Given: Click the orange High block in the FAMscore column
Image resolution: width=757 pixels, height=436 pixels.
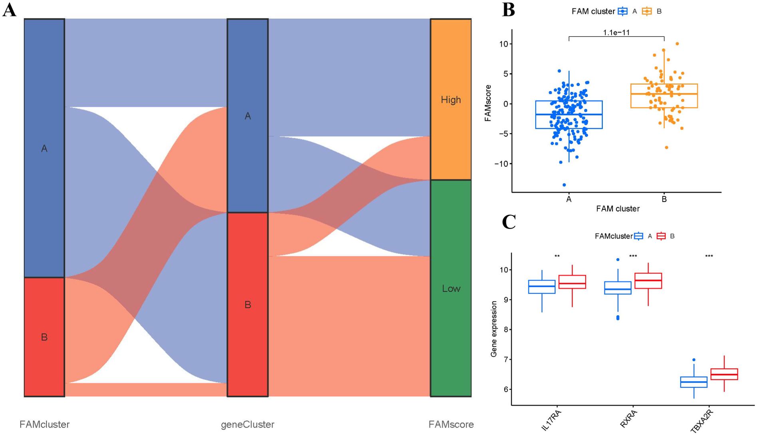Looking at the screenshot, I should coord(451,99).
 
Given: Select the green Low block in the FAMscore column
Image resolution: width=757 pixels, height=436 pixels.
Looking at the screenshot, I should coord(451,288).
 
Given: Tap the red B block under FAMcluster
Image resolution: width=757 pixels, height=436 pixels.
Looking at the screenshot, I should coord(44,337).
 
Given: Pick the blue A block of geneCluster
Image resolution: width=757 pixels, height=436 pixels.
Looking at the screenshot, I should coord(248,116).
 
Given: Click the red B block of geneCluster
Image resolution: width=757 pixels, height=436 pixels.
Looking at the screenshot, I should coord(248,305).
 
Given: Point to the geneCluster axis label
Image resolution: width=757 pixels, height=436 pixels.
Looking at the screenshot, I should coord(248,424).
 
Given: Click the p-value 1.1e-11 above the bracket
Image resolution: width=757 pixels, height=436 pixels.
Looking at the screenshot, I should coord(616,32).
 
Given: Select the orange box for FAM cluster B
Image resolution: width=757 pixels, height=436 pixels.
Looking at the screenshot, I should coord(664,96).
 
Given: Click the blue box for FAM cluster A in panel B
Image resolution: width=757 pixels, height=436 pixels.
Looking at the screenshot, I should coord(569,115).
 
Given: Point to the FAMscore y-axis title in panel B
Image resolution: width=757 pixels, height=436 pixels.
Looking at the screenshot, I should coord(488,103).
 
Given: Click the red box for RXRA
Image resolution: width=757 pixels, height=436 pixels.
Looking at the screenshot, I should coord(648,281).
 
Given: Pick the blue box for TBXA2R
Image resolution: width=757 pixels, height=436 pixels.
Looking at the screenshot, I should coord(694,382).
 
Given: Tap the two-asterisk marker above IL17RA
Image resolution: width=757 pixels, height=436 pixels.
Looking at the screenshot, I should coord(557,256).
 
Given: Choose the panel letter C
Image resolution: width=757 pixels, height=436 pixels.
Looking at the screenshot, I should coord(509,222).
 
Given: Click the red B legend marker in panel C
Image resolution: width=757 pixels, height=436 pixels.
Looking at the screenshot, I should coord(661,236).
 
